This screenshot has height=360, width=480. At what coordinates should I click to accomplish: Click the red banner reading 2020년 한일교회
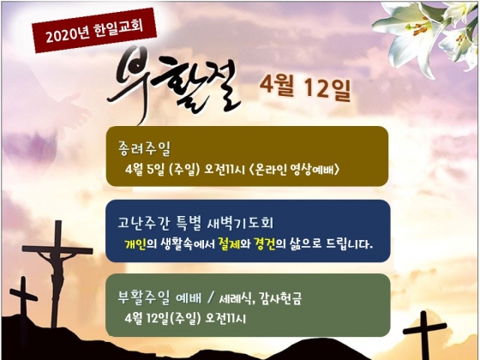(94, 30)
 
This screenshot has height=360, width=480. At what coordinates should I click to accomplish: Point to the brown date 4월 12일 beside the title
(305, 87)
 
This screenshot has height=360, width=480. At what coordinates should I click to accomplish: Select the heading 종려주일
(144, 148)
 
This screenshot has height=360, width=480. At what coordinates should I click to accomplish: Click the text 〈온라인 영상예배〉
(294, 170)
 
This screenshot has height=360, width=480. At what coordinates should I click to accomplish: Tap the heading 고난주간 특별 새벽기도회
(195, 224)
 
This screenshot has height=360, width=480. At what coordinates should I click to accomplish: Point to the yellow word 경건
(265, 244)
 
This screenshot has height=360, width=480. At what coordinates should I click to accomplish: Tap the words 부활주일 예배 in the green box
(159, 297)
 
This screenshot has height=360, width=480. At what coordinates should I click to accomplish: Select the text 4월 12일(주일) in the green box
(163, 318)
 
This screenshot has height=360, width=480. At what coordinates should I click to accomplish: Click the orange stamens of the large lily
(419, 27)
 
